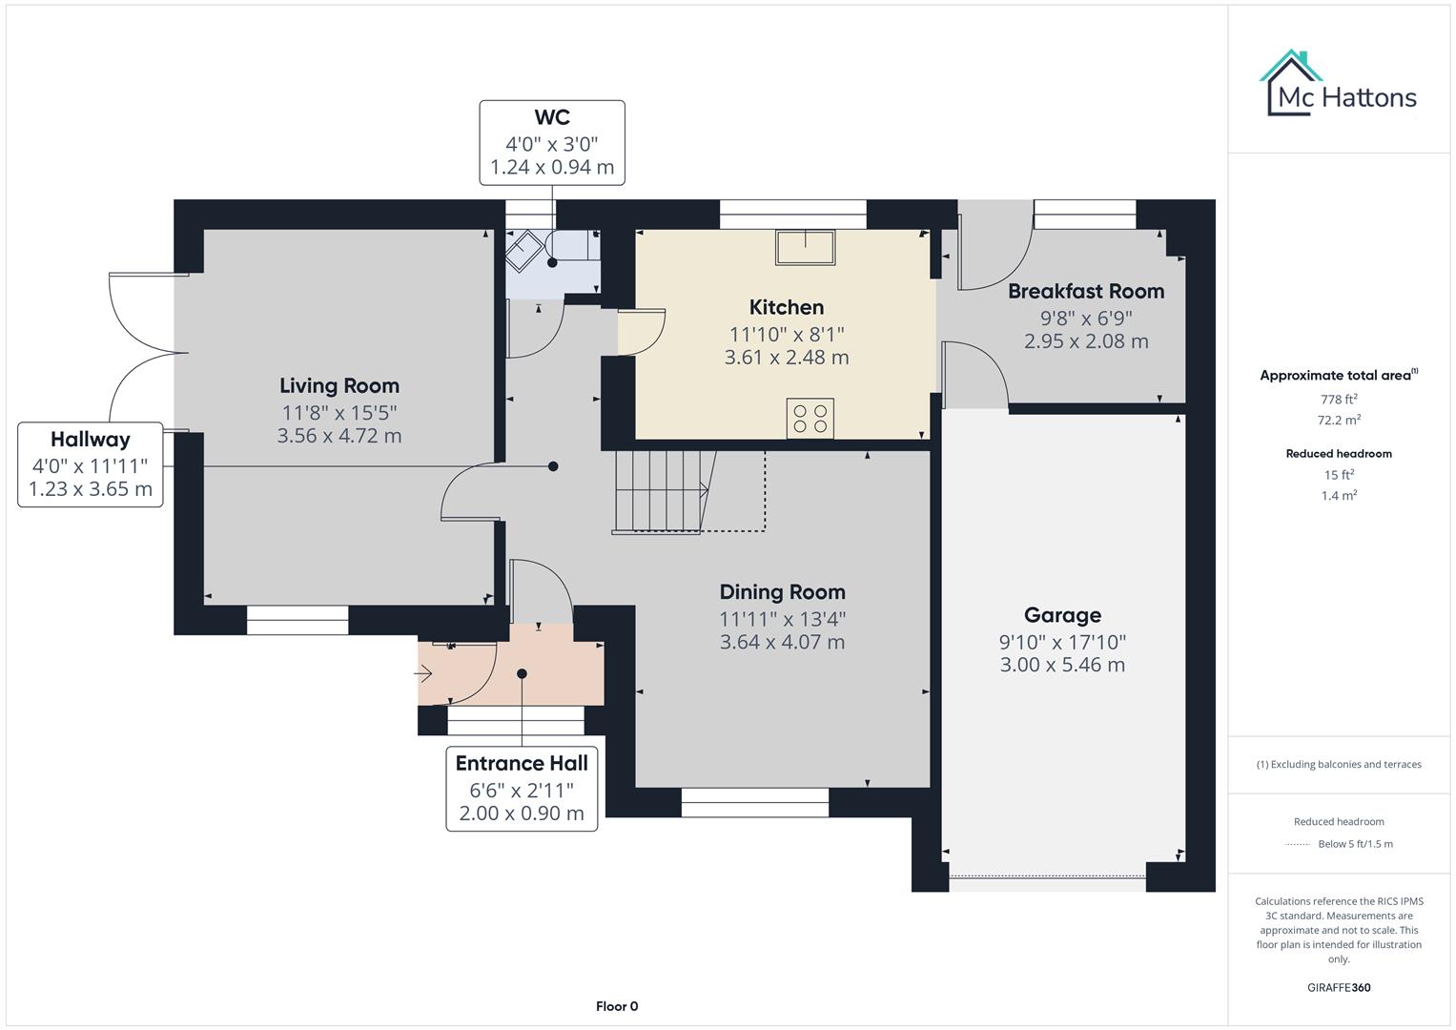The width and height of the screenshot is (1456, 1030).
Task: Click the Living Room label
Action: (338, 386)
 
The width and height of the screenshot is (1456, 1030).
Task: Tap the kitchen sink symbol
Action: (806, 248)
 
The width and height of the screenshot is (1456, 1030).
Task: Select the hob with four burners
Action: (810, 419)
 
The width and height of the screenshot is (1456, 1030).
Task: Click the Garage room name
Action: (1062, 616)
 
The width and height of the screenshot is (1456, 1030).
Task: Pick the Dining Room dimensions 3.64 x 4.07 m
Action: (782, 643)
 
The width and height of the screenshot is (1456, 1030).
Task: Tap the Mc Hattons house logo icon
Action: (1291, 82)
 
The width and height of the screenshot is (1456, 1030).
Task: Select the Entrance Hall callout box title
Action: (522, 764)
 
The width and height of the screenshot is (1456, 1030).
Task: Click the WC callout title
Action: (552, 118)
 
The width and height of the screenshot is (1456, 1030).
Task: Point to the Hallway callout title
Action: (91, 440)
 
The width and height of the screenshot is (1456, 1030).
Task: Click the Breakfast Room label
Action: (1086, 292)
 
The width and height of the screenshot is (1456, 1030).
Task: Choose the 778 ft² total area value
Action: (1339, 400)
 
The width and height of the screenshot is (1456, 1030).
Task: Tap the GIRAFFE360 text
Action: (1339, 988)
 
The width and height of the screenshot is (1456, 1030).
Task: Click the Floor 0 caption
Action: (617, 1006)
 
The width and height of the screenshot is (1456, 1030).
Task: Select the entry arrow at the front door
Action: (423, 674)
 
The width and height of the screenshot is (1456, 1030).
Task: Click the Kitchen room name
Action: (787, 308)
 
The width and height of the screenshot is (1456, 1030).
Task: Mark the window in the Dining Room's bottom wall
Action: (755, 803)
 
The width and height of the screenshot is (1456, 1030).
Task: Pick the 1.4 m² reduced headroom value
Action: (1339, 496)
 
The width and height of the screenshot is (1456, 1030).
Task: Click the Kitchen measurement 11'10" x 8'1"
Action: (787, 335)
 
